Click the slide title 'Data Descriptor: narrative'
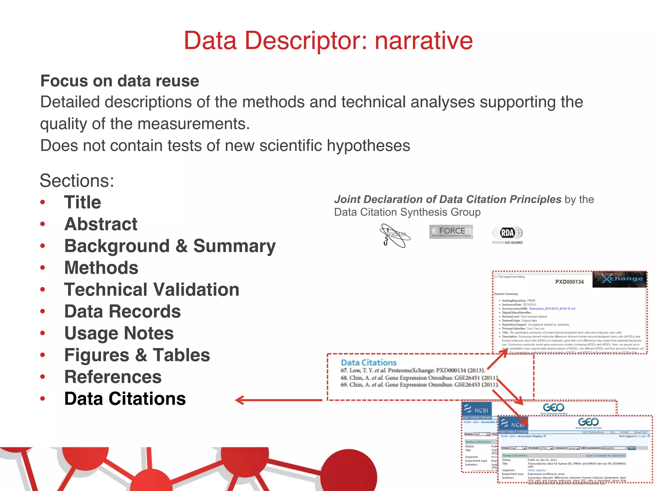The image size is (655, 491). pyautogui.click(x=328, y=41)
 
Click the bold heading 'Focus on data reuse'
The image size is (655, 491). pyautogui.click(x=120, y=81)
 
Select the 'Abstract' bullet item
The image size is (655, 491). pyautogui.click(x=101, y=224)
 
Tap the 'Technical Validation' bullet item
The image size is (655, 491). pyautogui.click(x=152, y=289)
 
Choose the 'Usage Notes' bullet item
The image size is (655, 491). pyautogui.click(x=119, y=333)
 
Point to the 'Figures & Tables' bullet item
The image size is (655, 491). pyautogui.click(x=137, y=355)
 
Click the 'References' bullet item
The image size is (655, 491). pyautogui.click(x=113, y=377)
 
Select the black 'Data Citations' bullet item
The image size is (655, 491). pyautogui.click(x=125, y=399)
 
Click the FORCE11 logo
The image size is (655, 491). pyautogui.click(x=451, y=231)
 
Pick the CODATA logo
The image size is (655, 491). pyautogui.click(x=395, y=236)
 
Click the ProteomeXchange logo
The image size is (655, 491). pyautogui.click(x=619, y=279)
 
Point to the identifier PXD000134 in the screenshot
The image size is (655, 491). pyautogui.click(x=569, y=282)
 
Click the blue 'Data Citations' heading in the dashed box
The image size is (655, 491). pyautogui.click(x=368, y=362)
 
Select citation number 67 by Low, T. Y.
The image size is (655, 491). pyautogui.click(x=413, y=370)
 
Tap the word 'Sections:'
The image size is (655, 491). pyautogui.click(x=77, y=181)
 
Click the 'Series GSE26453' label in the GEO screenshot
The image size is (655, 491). pyautogui.click(x=515, y=456)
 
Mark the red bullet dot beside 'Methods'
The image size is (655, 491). pyautogui.click(x=43, y=268)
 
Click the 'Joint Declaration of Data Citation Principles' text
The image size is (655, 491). pyautogui.click(x=447, y=199)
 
